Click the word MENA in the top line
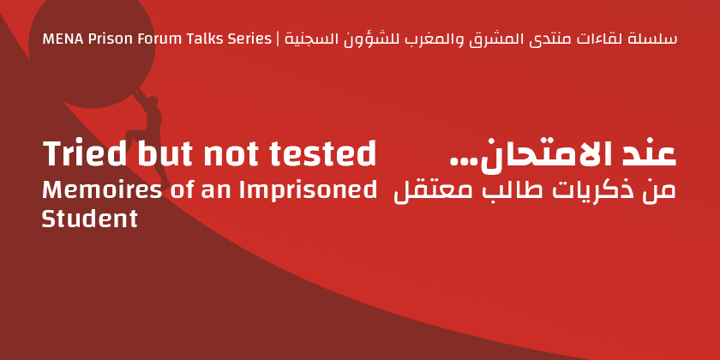(57, 39)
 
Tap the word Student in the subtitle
(89, 218)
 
